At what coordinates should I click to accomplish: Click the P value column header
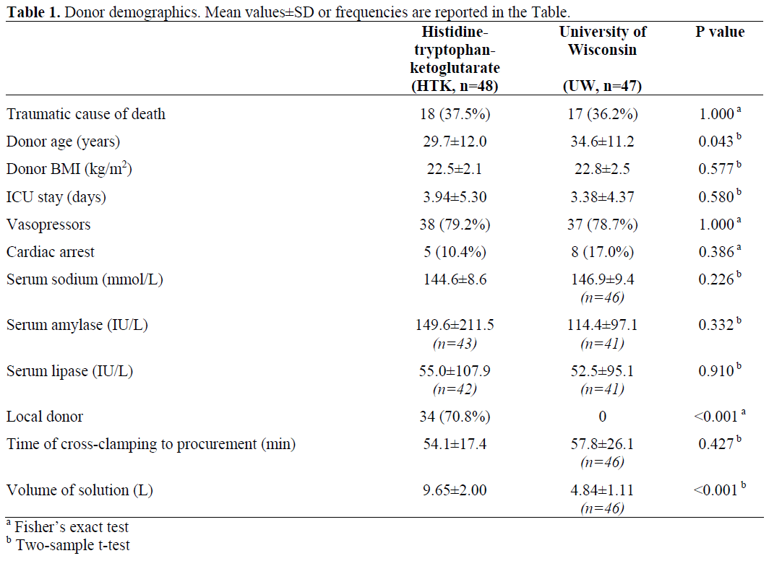point(719,32)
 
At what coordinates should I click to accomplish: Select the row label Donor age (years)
point(64,142)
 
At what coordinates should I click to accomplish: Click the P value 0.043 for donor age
point(716,142)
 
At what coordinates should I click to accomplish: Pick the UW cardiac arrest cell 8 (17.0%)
point(602,252)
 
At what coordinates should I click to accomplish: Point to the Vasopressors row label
point(48,225)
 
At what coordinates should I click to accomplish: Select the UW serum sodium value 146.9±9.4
point(602,279)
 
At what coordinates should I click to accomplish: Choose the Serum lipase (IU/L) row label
point(69,372)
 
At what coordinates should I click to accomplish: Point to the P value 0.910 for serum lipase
point(716,372)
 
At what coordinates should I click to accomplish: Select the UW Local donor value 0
point(602,417)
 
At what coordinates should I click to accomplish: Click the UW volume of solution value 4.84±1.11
point(602,490)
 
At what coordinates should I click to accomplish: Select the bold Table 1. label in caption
point(32,12)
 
